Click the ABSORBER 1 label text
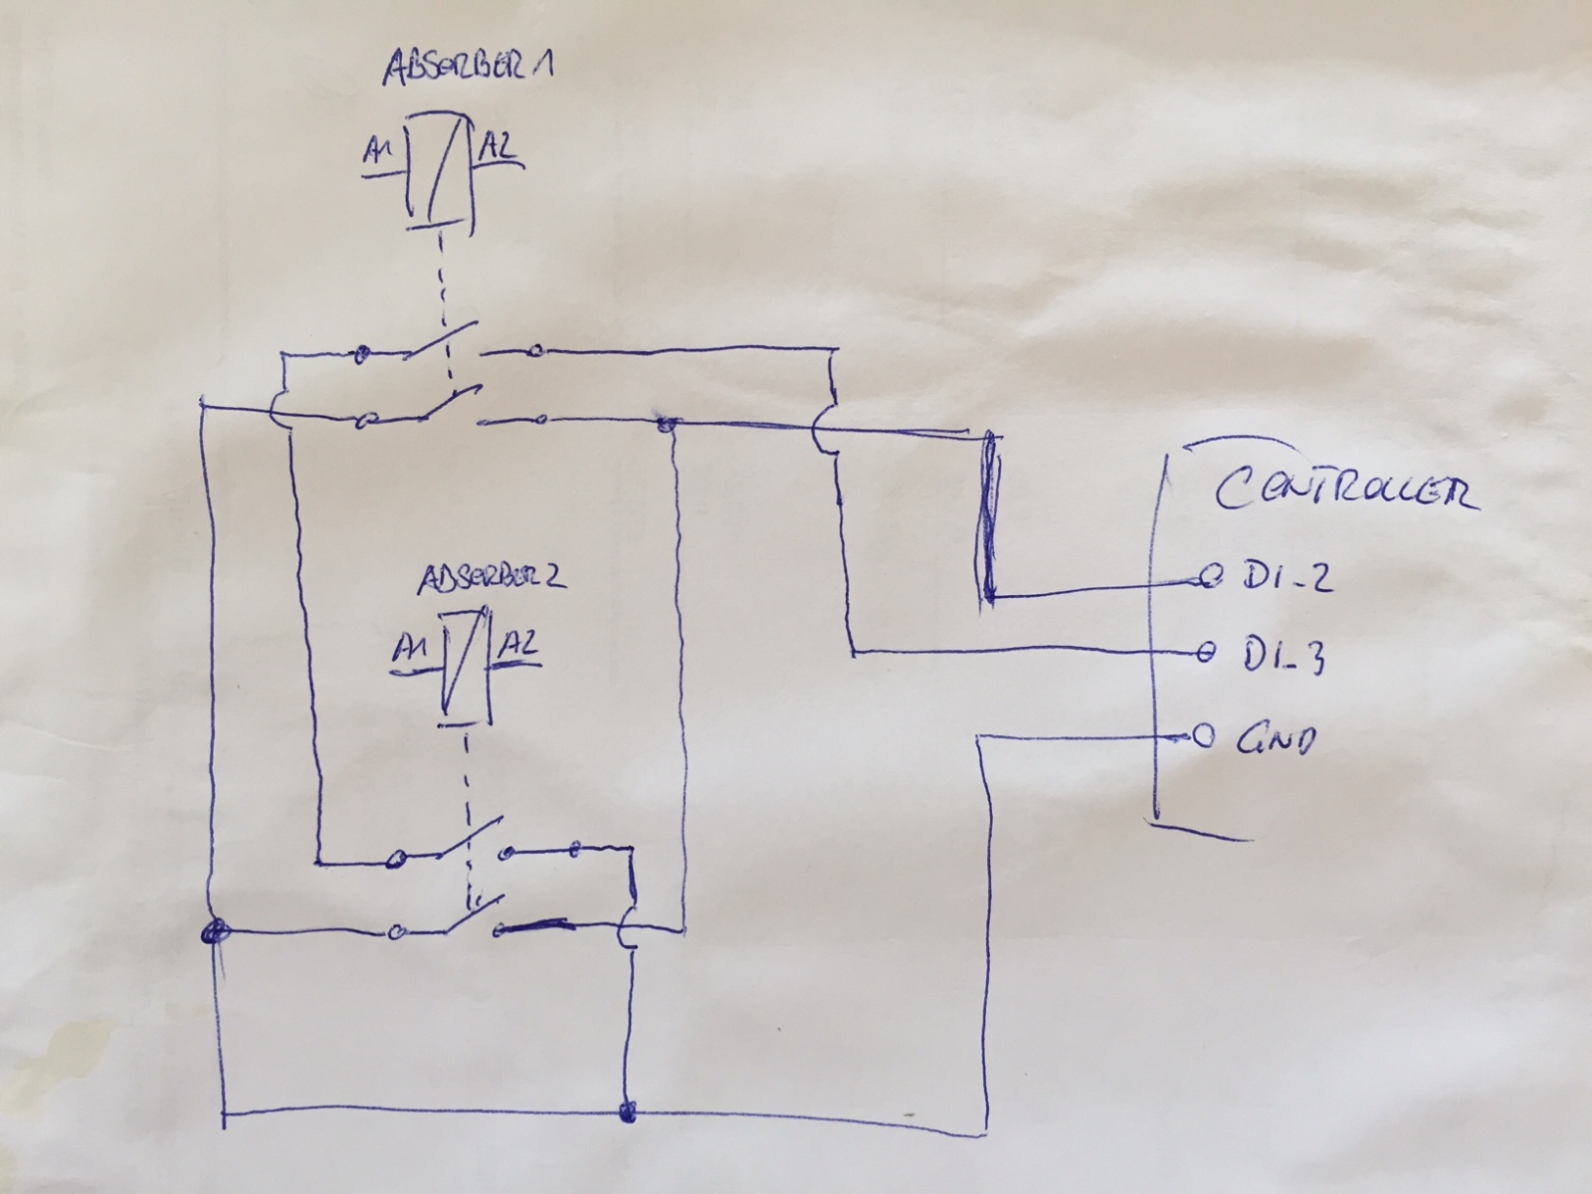tap(469, 68)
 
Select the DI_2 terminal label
tap(1288, 577)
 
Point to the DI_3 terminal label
tap(1283, 655)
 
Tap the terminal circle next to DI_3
tap(1205, 653)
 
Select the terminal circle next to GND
tap(1203, 736)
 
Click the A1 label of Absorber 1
tap(378, 151)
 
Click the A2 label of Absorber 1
tap(498, 145)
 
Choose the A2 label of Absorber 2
tap(517, 644)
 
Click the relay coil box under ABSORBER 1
tap(438, 172)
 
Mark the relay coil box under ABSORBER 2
tap(466, 667)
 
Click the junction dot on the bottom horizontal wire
tap(628, 1111)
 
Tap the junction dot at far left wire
tap(214, 931)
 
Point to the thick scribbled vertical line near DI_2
tap(989, 516)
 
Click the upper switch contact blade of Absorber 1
tap(442, 339)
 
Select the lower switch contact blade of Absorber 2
tap(473, 914)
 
